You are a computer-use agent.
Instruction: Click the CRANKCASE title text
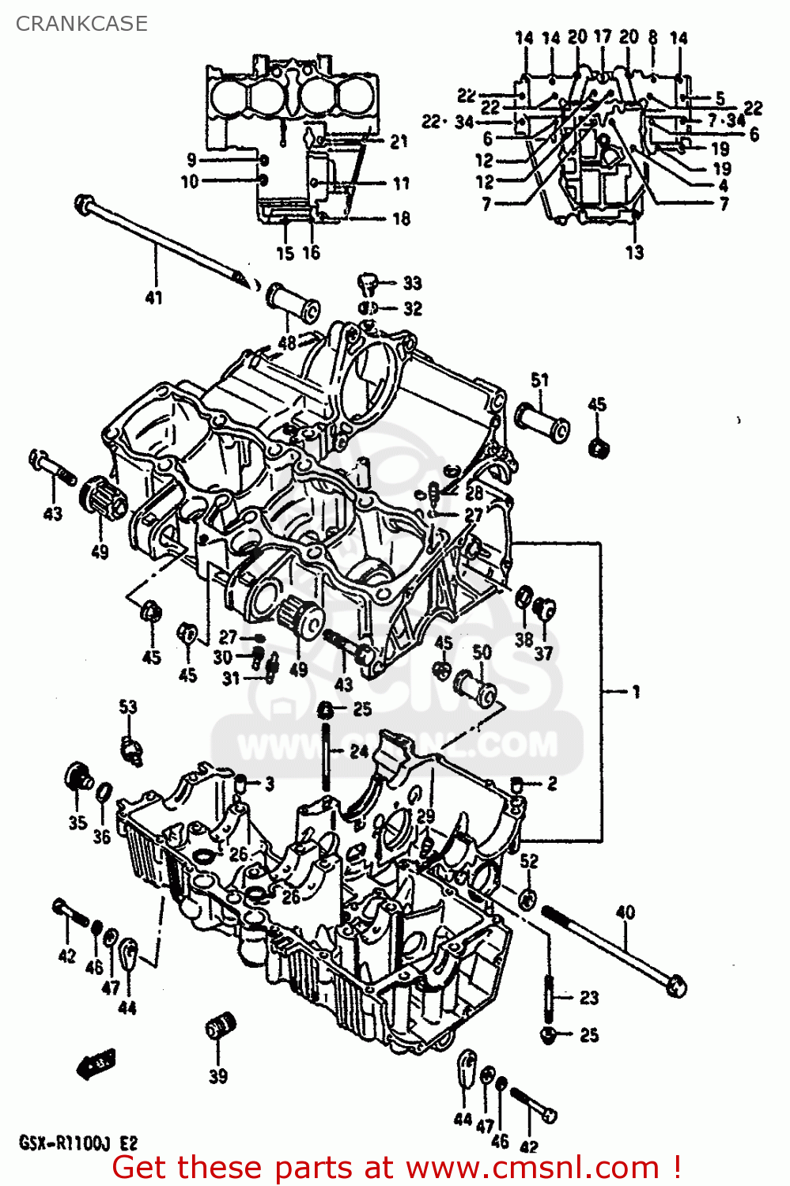click(x=81, y=24)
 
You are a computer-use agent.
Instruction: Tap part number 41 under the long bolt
click(x=153, y=298)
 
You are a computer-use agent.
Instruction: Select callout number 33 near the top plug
click(x=412, y=283)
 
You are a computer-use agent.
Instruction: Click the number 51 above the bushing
click(x=539, y=380)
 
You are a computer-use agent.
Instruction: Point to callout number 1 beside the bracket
click(x=636, y=692)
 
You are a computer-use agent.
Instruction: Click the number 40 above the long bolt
click(x=625, y=912)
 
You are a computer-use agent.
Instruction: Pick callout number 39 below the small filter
click(x=218, y=1076)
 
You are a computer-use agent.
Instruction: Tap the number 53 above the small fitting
click(x=128, y=706)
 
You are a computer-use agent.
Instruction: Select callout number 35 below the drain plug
click(x=77, y=822)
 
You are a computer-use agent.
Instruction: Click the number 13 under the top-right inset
click(x=634, y=253)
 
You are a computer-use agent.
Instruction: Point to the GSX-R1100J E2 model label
click(x=77, y=1143)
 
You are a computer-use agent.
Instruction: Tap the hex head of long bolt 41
click(x=83, y=204)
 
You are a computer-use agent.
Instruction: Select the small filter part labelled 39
click(x=221, y=1029)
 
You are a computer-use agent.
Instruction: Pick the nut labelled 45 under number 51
click(x=599, y=448)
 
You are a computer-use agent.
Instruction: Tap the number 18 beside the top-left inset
click(x=401, y=218)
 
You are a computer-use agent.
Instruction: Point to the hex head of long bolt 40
click(x=675, y=987)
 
